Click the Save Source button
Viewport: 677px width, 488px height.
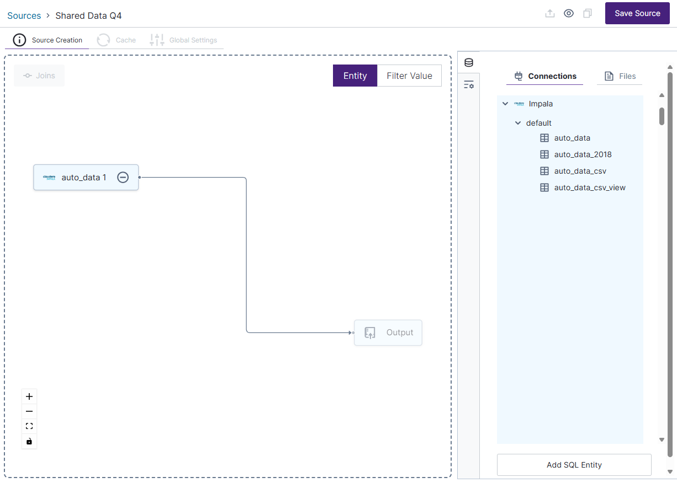(x=637, y=13)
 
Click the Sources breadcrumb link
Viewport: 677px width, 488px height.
(x=24, y=15)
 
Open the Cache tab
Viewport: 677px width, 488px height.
(x=117, y=40)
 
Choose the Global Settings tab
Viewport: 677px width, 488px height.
(x=184, y=40)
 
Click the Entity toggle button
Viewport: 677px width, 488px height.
(x=355, y=76)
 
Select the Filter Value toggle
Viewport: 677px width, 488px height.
(x=409, y=76)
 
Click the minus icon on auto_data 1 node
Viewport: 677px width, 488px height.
(x=123, y=178)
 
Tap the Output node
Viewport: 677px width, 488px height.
(x=388, y=333)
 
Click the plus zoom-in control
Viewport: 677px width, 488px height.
(x=29, y=396)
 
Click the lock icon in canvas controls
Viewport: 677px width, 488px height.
(x=29, y=441)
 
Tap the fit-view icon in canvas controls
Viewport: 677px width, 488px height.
(x=29, y=426)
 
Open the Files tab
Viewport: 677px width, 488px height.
(x=620, y=76)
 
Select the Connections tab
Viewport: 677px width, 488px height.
(x=545, y=76)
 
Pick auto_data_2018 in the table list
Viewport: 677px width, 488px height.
(x=583, y=154)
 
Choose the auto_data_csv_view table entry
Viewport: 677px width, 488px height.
(x=589, y=187)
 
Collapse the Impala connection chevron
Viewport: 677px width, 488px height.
(x=505, y=104)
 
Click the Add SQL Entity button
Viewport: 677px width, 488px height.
(x=574, y=465)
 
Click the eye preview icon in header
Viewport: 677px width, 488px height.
(x=569, y=13)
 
